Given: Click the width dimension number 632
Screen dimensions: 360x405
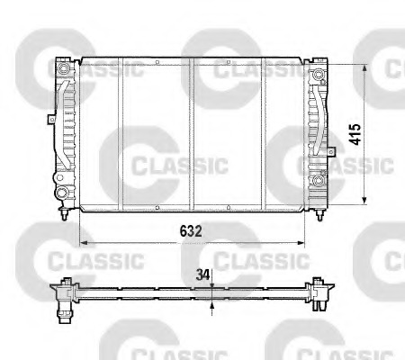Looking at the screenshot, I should coord(188,230).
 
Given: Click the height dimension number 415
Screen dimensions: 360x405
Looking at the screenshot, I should coord(355,134).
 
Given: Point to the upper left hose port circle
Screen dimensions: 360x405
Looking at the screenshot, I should coord(63,69).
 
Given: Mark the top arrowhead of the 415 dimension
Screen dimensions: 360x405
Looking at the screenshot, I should coord(364,64).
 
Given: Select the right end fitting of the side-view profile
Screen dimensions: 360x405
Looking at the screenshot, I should coord(319,294).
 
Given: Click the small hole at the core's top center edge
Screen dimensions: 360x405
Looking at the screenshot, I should coord(193,61).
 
